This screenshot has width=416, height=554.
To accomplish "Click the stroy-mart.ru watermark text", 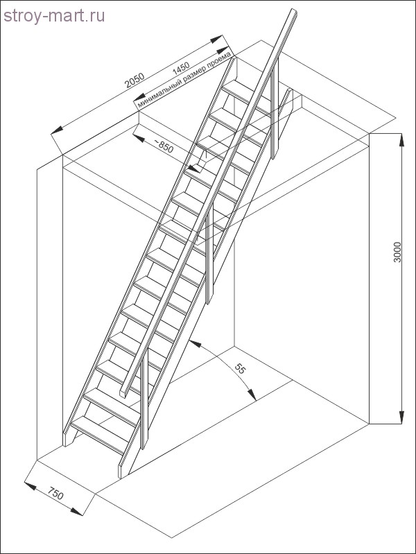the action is [x=54, y=16].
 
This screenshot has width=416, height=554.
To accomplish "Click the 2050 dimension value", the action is [x=135, y=80].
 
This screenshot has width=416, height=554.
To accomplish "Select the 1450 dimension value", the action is [x=181, y=68].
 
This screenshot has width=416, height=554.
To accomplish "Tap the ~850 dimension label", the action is [x=164, y=146].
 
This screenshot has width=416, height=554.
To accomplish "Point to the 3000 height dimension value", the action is [x=397, y=252].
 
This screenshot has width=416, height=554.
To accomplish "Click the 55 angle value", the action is [x=240, y=369].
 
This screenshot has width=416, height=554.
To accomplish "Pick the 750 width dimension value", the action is [x=55, y=494].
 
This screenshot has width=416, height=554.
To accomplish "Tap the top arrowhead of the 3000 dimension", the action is [x=401, y=139].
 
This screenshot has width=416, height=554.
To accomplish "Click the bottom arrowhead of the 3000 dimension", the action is [x=401, y=417].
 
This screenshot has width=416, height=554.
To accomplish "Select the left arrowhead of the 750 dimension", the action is [x=30, y=485].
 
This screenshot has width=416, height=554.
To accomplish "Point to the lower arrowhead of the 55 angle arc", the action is [x=252, y=395].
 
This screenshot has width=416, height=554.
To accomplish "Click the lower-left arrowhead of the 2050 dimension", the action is [x=57, y=130].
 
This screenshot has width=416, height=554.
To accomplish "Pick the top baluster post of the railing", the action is [x=275, y=108].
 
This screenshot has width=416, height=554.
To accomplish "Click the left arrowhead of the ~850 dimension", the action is [x=139, y=137].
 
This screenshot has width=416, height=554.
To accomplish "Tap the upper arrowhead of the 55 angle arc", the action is [x=195, y=343].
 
